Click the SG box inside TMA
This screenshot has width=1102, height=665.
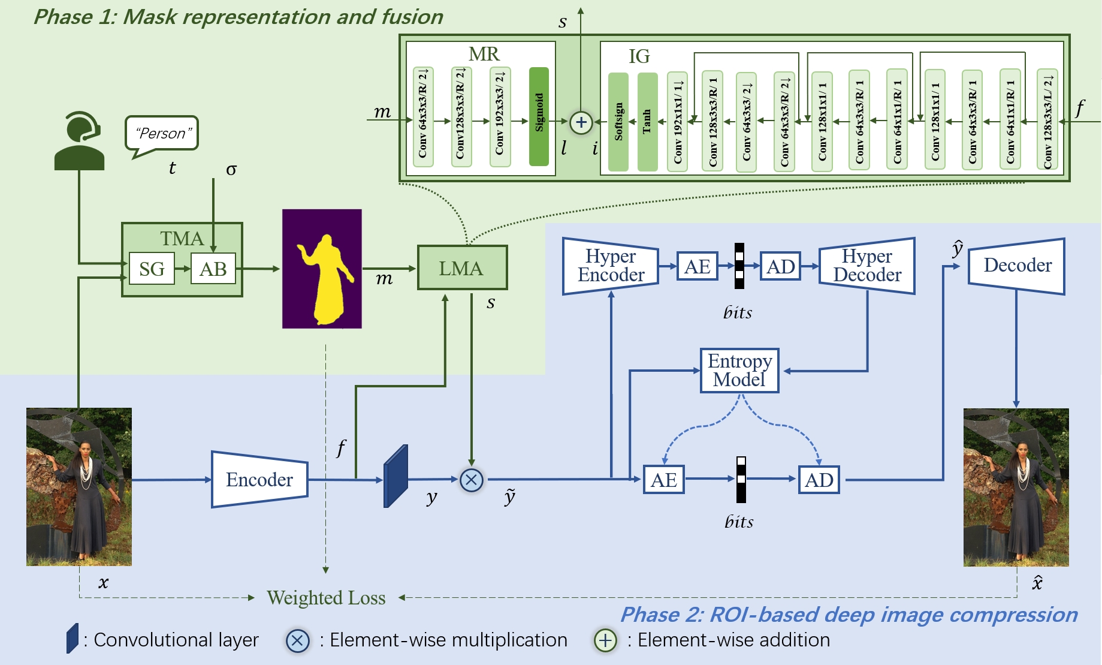pos(152,269)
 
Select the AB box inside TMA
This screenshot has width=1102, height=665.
pos(213,269)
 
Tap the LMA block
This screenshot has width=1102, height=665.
pos(462,268)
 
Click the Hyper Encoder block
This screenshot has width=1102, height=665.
pos(611,266)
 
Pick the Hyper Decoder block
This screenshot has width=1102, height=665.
pos(867,266)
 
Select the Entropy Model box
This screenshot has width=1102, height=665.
pos(739,371)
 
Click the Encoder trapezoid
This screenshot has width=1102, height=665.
pos(259,479)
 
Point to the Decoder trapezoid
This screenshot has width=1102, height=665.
pos(1016,266)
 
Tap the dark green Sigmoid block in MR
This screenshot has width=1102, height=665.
pos(539,116)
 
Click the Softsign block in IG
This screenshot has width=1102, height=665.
pos(618,122)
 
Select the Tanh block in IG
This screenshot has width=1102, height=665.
pos(647,122)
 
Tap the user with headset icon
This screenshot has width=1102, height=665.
pos(79,142)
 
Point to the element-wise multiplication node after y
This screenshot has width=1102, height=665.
pos(472,480)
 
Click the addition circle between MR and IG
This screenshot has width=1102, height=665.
pos(581,122)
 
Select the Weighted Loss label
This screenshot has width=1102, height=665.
pos(326,598)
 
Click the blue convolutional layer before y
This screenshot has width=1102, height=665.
pos(395,477)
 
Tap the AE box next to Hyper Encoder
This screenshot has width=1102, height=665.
pos(697,266)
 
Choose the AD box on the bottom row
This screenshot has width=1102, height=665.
pos(819,480)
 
